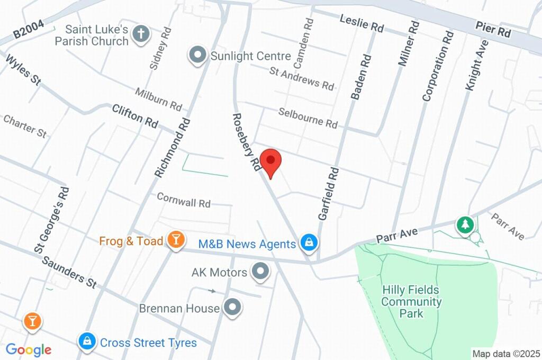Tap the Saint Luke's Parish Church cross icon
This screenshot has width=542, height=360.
tap(141, 34)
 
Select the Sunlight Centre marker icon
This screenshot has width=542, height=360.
tap(198, 55)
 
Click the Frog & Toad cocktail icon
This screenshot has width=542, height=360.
tap(175, 240)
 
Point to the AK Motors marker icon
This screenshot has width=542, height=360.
tap(260, 272)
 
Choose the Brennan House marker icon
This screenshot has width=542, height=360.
tap(232, 308)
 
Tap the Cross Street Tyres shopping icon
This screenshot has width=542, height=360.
tap(86, 341)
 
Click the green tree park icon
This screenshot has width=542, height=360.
tap(465, 224)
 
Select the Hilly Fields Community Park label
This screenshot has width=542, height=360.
tap(411, 302)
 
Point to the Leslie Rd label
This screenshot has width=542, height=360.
tap(362, 24)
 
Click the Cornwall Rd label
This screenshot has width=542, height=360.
tap(184, 200)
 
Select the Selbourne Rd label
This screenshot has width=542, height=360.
tap(308, 118)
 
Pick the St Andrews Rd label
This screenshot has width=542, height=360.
tap(302, 77)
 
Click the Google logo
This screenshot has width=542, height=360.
tap(29, 349)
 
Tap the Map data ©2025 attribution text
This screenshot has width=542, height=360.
tap(505, 353)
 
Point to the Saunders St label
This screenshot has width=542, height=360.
tap(68, 272)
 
